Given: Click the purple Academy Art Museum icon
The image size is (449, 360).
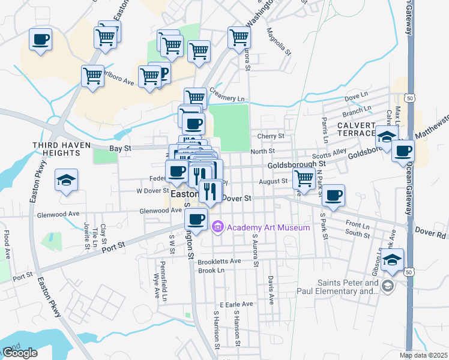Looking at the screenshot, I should coord(217,227).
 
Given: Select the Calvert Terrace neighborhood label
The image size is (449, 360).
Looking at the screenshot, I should coord(357,128).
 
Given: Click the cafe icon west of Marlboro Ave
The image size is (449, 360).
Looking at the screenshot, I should coord(40,40).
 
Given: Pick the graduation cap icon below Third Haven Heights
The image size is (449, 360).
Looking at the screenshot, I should coord(65,180).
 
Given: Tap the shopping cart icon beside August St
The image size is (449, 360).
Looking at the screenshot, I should coord(304,178).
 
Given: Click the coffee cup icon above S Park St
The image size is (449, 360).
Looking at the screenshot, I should coord(333,194).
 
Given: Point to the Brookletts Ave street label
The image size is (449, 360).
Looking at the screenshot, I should coord(219,261).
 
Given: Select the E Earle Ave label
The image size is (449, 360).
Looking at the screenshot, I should coord(237,305).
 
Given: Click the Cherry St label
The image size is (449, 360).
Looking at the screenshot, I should coord(271,136).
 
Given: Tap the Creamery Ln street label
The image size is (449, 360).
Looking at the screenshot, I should coord(228,98).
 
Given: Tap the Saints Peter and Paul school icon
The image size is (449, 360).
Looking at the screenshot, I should coord(388,286).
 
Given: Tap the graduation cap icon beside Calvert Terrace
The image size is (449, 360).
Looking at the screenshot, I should coord(387,136).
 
